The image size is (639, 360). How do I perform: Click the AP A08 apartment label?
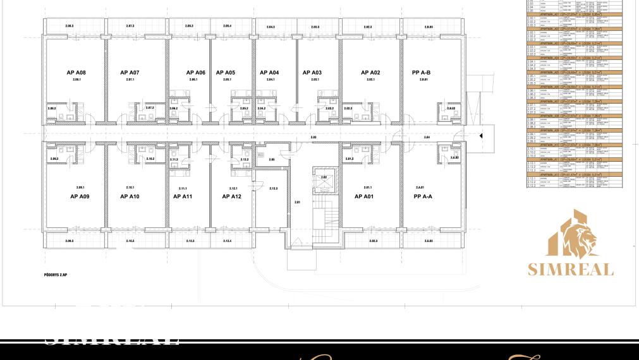pyautogui.click(x=76, y=73)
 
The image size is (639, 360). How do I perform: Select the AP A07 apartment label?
pyautogui.click(x=130, y=73)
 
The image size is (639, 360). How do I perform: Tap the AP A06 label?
pyautogui.click(x=196, y=73)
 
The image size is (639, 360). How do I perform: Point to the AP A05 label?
pyautogui.click(x=226, y=73)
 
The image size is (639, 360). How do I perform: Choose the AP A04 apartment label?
pyautogui.click(x=269, y=73)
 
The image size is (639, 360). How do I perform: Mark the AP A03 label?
pyautogui.click(x=312, y=73)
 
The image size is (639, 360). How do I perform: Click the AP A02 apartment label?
pyautogui.click(x=370, y=73)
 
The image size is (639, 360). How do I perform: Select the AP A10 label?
pyautogui.click(x=130, y=196)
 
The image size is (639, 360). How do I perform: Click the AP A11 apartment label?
pyautogui.click(x=183, y=196)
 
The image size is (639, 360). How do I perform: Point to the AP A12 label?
pyautogui.click(x=232, y=196)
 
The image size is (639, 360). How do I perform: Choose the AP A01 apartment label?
pyautogui.click(x=370, y=196)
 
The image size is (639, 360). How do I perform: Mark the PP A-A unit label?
pyautogui.click(x=422, y=196)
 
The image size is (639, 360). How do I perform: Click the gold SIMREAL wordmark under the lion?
pyautogui.click(x=571, y=270)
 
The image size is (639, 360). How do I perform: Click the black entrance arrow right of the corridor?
pyautogui.click(x=481, y=135)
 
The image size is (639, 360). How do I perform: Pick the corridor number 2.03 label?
pyautogui.click(x=313, y=136)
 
